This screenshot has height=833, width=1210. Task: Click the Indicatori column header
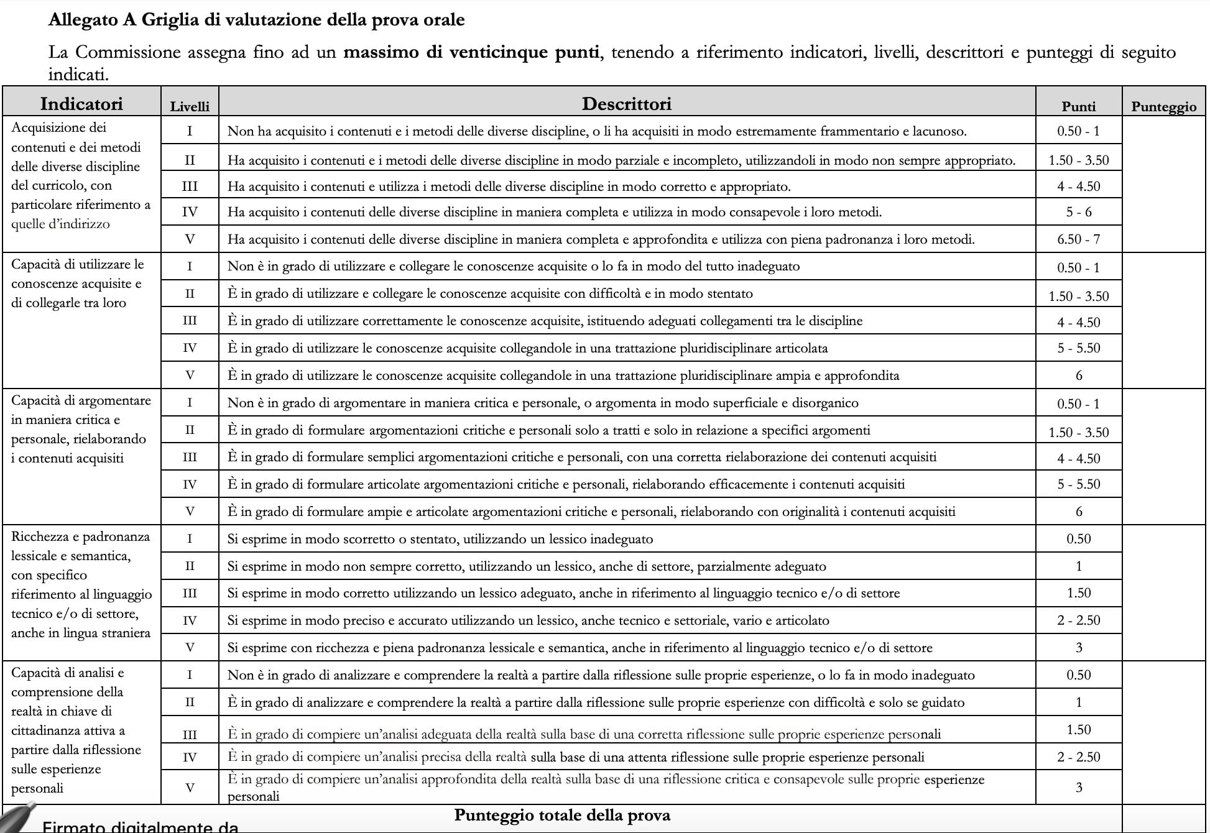click(81, 104)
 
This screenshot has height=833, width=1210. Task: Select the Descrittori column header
click(626, 104)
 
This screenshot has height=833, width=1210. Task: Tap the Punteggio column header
click(1163, 106)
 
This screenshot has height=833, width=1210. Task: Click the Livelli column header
click(190, 106)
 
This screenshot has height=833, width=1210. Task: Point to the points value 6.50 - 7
click(1078, 239)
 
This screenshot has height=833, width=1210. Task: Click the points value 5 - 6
click(1078, 212)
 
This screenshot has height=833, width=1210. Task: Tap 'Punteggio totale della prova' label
click(562, 815)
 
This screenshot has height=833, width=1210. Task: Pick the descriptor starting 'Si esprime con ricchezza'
click(580, 648)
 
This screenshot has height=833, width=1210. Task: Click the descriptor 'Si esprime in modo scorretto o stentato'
click(440, 539)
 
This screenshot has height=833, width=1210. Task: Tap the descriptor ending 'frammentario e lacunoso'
click(596, 131)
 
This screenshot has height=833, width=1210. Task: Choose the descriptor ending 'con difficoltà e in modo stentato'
click(489, 293)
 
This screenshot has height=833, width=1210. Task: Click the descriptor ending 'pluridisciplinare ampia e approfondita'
click(563, 375)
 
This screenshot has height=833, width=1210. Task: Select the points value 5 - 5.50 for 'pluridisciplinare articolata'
click(1078, 348)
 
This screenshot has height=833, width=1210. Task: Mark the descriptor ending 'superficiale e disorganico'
click(542, 403)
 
